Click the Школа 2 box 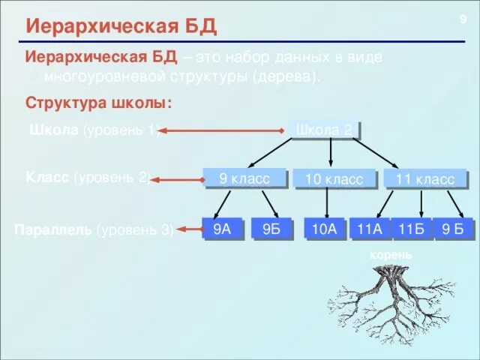pos(325,130)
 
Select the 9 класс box pos(244,178)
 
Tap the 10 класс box pos(328,179)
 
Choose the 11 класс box pos(424,179)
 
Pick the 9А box pos(222,229)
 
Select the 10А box pos(325,229)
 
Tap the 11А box pos(370,229)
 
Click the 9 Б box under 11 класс pos(457,229)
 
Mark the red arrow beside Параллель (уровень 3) pos(187,229)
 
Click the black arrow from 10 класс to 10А pos(328,202)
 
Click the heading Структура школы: pos(99,102)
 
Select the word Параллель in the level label pos(53,229)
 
